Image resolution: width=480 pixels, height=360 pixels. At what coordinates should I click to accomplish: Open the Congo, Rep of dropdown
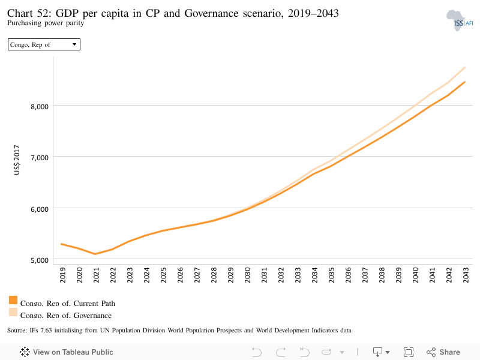[x=44, y=44]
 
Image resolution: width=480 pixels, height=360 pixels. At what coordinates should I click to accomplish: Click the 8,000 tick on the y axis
[x=40, y=107]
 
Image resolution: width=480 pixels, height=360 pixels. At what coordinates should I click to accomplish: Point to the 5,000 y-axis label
[x=40, y=260]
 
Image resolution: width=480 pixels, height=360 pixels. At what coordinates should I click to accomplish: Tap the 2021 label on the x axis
[x=96, y=275]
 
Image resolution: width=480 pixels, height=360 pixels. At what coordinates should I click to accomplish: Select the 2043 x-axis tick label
[x=466, y=275]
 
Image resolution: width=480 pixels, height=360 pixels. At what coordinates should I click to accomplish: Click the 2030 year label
[x=247, y=275]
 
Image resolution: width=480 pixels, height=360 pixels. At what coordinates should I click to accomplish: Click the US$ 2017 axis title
[x=17, y=160]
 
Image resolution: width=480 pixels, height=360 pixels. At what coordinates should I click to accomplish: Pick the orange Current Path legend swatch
[x=13, y=300]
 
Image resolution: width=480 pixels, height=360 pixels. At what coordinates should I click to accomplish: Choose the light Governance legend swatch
[x=13, y=312]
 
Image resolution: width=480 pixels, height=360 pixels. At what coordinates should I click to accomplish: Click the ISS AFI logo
[x=460, y=20]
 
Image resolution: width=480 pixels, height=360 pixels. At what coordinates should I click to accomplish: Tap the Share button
[x=443, y=352]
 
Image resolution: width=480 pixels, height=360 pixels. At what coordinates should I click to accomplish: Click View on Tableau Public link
[x=67, y=352]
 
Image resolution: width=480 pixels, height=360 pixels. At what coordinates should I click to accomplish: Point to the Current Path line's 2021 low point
[x=95, y=254]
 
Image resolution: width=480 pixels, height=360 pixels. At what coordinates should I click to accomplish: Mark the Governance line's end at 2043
[x=465, y=67]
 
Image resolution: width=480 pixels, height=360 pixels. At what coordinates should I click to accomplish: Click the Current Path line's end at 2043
[x=465, y=82]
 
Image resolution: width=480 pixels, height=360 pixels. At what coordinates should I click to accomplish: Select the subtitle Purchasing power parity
[x=46, y=23]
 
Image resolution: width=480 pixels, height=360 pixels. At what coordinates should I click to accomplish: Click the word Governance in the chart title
[x=211, y=13]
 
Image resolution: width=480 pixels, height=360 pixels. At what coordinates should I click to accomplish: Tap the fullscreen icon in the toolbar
[x=409, y=352]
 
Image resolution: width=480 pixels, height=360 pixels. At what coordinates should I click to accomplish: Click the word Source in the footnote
[x=17, y=331]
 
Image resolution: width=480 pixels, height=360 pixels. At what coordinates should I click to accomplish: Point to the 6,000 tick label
[x=40, y=209]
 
